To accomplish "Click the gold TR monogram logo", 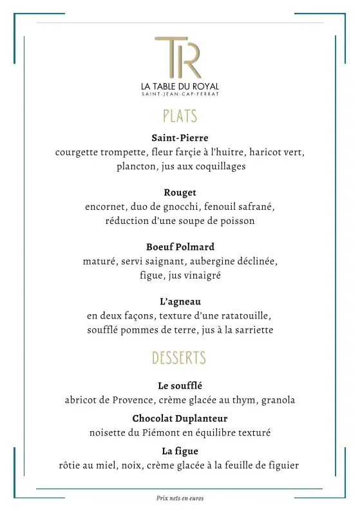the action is (x=178, y=58).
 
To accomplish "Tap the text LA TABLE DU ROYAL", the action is (x=180, y=87).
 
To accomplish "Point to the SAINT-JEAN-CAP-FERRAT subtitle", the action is (x=180, y=95).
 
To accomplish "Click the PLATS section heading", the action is (x=180, y=116).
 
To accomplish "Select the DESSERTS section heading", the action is (x=179, y=358).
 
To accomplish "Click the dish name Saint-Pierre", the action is (x=180, y=138).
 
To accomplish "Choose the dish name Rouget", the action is (x=180, y=192).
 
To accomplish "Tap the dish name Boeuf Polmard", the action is (x=180, y=246).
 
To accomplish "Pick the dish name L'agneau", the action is (x=180, y=301).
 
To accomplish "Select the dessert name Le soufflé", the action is (x=180, y=386).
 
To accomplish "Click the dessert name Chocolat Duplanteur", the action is (x=180, y=418).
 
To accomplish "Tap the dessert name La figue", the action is (x=180, y=451).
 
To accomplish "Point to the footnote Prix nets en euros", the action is (x=180, y=497).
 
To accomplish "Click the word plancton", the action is (x=135, y=166).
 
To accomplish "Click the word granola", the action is (x=275, y=400).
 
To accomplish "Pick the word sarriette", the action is (x=252, y=330).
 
